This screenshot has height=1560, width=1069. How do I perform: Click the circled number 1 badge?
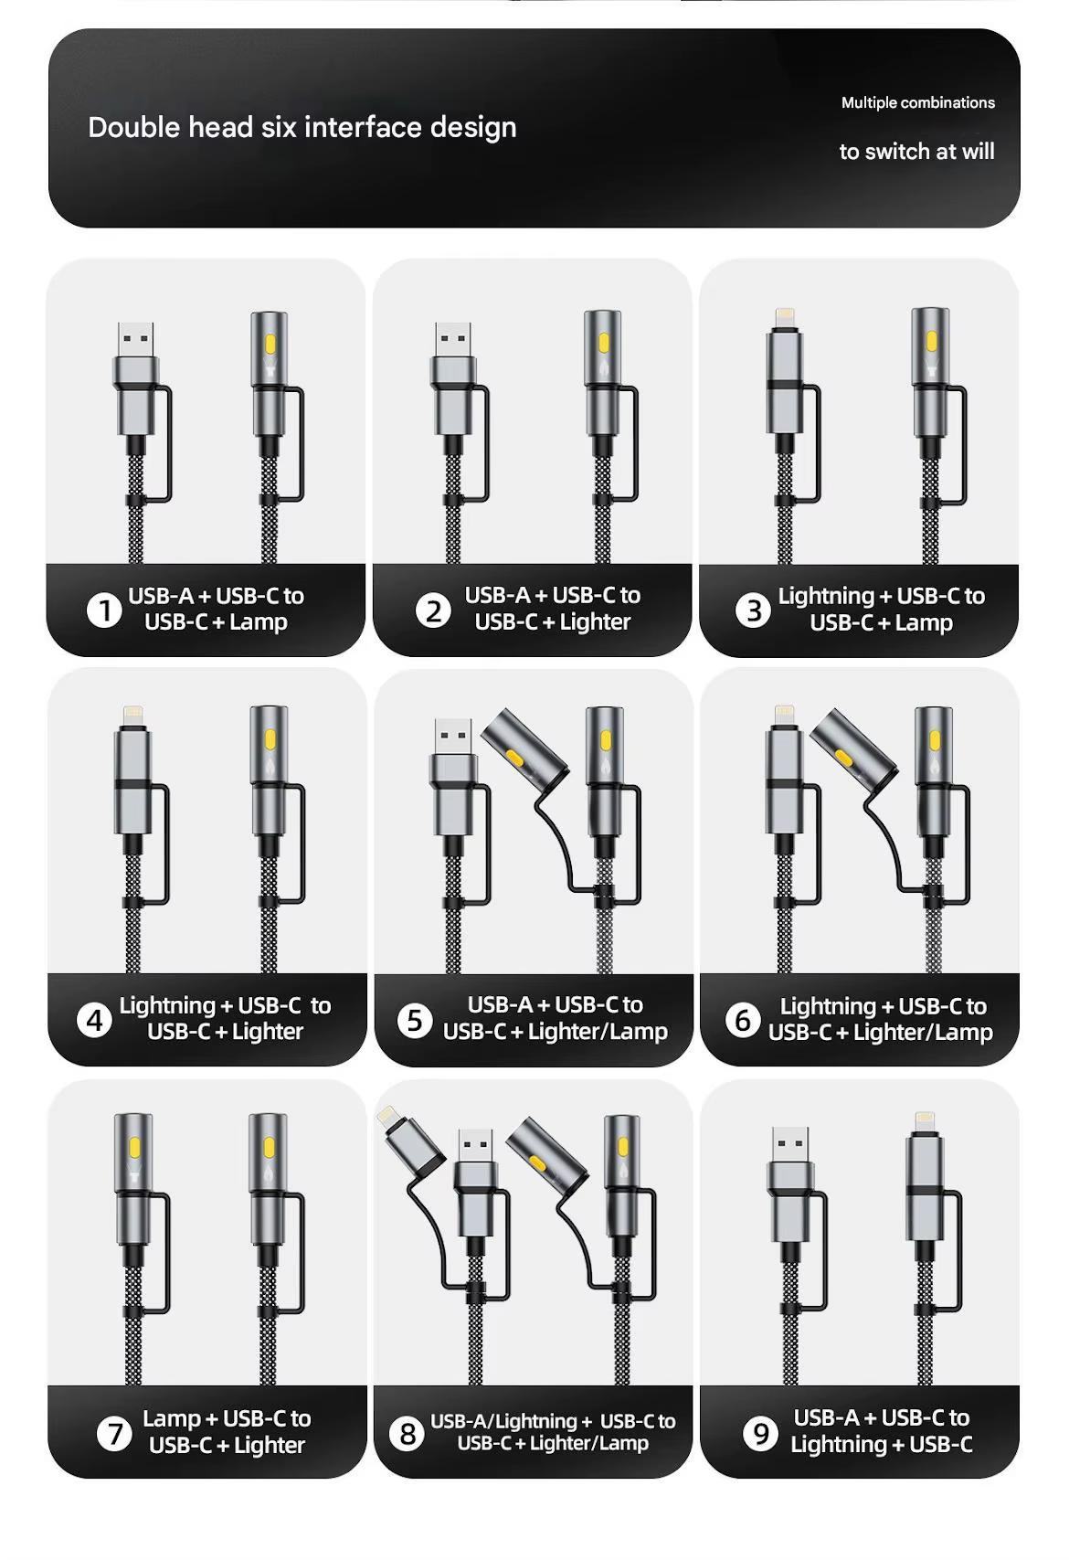104,610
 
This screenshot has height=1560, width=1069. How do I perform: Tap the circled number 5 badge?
415,1020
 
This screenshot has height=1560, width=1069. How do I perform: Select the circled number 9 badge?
760,1433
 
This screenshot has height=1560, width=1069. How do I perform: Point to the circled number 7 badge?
114,1434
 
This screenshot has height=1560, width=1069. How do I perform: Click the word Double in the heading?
133,127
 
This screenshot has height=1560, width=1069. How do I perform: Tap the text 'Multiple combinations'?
918,103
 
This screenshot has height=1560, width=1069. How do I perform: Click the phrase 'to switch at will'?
916,151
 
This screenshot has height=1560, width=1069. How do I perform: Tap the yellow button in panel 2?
603,343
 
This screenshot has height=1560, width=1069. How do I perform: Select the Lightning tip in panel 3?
785,318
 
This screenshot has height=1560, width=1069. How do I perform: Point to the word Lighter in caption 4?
268,1032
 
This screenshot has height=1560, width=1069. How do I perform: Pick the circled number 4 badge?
94,1021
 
